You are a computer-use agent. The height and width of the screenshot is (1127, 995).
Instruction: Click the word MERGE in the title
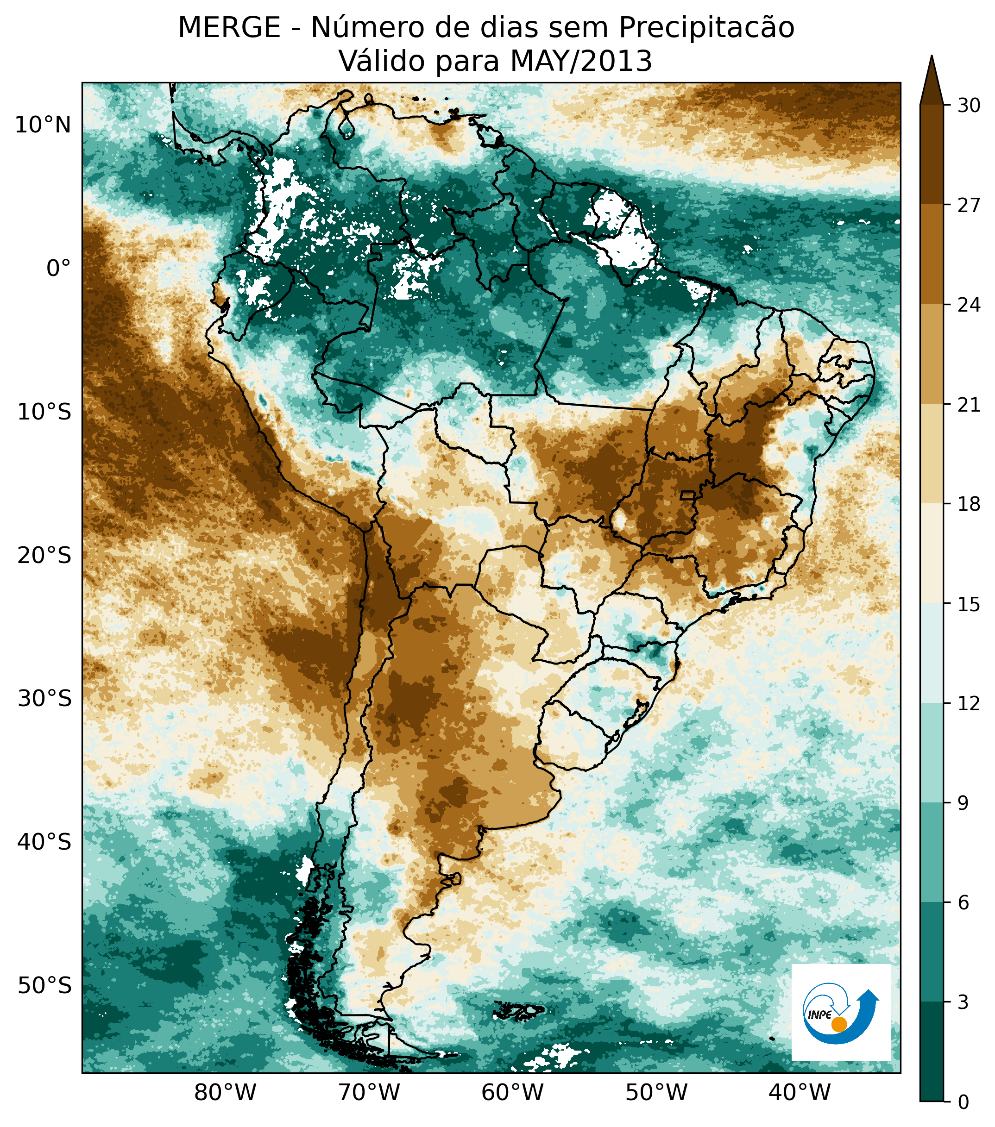pos(229,28)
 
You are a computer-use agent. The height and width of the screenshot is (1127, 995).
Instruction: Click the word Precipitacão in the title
pos(706,28)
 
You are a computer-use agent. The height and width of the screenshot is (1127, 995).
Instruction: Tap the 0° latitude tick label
pos(59,269)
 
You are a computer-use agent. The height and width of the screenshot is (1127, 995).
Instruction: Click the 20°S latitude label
pos(44,555)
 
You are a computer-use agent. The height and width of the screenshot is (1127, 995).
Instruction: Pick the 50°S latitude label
pos(44,985)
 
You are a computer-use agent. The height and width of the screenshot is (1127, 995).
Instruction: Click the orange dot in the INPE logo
pos(838,1024)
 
